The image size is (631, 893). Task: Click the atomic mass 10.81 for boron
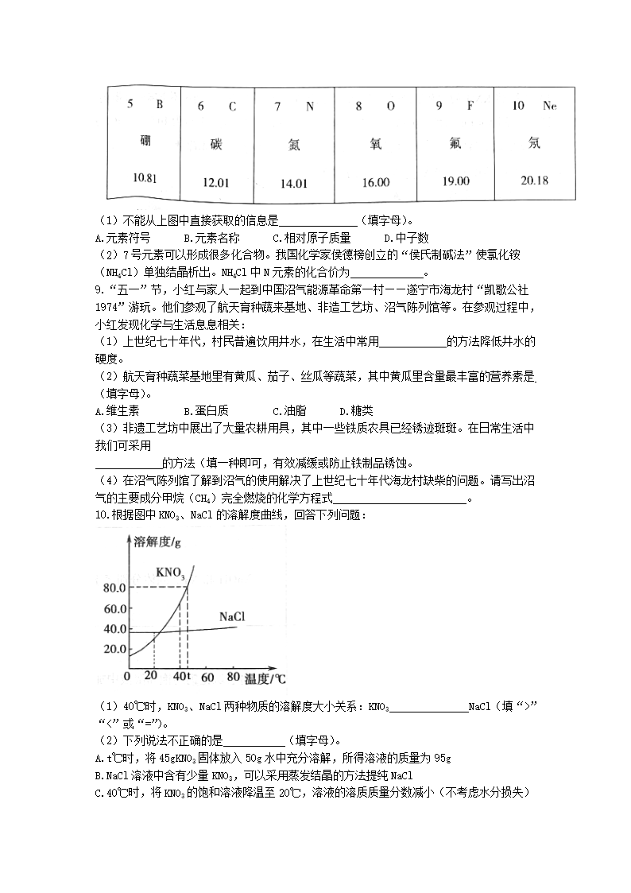(145, 177)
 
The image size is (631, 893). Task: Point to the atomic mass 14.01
(293, 183)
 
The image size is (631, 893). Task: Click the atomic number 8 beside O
(359, 106)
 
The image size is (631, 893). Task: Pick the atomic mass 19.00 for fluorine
(455, 181)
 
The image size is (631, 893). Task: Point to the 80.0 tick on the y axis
(114, 588)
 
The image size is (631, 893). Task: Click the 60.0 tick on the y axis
(114, 609)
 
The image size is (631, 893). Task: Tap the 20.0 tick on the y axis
(114, 649)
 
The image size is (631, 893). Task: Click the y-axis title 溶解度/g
(159, 543)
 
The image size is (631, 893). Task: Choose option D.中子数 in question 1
(406, 237)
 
